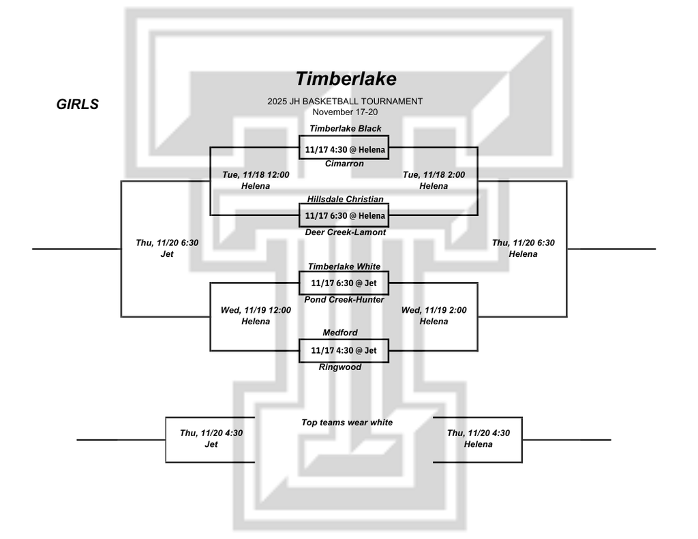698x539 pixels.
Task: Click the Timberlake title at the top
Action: pos(346,79)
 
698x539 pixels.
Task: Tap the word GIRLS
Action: pos(78,105)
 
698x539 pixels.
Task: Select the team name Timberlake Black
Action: pos(345,128)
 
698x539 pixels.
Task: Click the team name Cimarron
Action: pos(344,164)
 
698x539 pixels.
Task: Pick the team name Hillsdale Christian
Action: pos(345,199)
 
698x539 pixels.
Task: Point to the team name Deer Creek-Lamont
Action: pos(345,232)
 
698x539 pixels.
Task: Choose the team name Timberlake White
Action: pos(344,266)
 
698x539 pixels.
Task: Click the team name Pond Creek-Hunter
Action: pos(344,300)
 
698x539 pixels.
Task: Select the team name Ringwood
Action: pos(340,367)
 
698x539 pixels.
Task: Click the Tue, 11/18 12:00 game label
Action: pos(256,175)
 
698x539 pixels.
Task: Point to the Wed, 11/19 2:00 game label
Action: pos(434,311)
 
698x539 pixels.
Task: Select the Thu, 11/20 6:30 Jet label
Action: pos(167,248)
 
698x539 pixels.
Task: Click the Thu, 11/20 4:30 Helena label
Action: pos(478,438)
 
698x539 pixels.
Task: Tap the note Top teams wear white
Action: pos(347,422)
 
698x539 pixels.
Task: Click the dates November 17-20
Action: pos(345,111)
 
